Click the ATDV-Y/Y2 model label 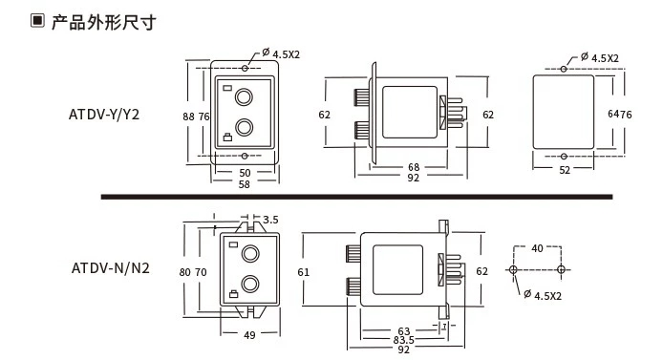(x=104, y=115)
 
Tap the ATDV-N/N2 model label (x=111, y=268)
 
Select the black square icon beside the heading (x=37, y=21)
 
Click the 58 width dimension (x=244, y=184)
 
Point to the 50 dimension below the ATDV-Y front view (x=245, y=173)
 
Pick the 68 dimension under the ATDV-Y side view (x=414, y=167)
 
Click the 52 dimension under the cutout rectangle (x=565, y=170)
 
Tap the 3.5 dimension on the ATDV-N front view (x=270, y=220)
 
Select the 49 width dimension (x=249, y=335)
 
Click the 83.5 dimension (x=403, y=340)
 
